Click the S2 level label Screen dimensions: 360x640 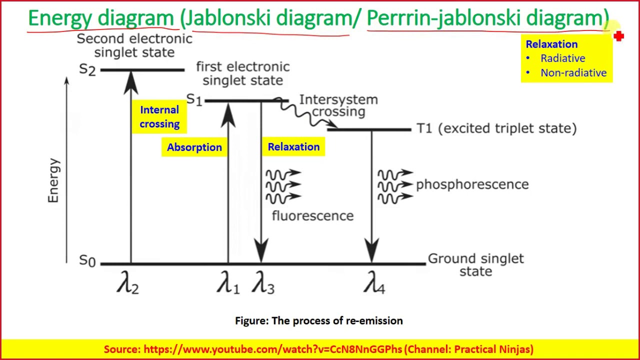pyautogui.click(x=87, y=70)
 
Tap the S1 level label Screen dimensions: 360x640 pyautogui.click(x=194, y=99)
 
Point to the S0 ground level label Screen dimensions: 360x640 pyautogui.click(x=87, y=261)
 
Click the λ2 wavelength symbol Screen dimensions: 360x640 pyautogui.click(x=127, y=284)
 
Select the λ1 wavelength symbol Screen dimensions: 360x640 pyautogui.click(x=228, y=284)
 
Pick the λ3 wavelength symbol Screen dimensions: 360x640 pyautogui.click(x=263, y=284)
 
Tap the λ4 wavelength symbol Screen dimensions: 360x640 pyautogui.click(x=373, y=284)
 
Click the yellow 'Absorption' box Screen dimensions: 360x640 pyautogui.click(x=194, y=147)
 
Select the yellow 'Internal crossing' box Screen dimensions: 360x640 pyautogui.click(x=159, y=117)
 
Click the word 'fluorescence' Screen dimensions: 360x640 pyautogui.click(x=312, y=216)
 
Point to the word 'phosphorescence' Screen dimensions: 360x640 pyautogui.click(x=472, y=184)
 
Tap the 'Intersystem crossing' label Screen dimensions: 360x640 pyautogui.click(x=338, y=105)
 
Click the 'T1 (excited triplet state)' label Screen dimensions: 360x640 pyautogui.click(x=496, y=128)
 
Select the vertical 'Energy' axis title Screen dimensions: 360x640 pyautogui.click(x=53, y=180)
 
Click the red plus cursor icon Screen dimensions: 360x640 pyautogui.click(x=619, y=36)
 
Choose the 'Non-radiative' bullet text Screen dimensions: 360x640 pyautogui.click(x=573, y=73)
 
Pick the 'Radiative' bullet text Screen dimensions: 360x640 pyautogui.click(x=562, y=58)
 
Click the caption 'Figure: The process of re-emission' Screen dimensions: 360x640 pyautogui.click(x=319, y=321)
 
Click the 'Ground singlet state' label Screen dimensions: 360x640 pyautogui.click(x=475, y=265)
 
